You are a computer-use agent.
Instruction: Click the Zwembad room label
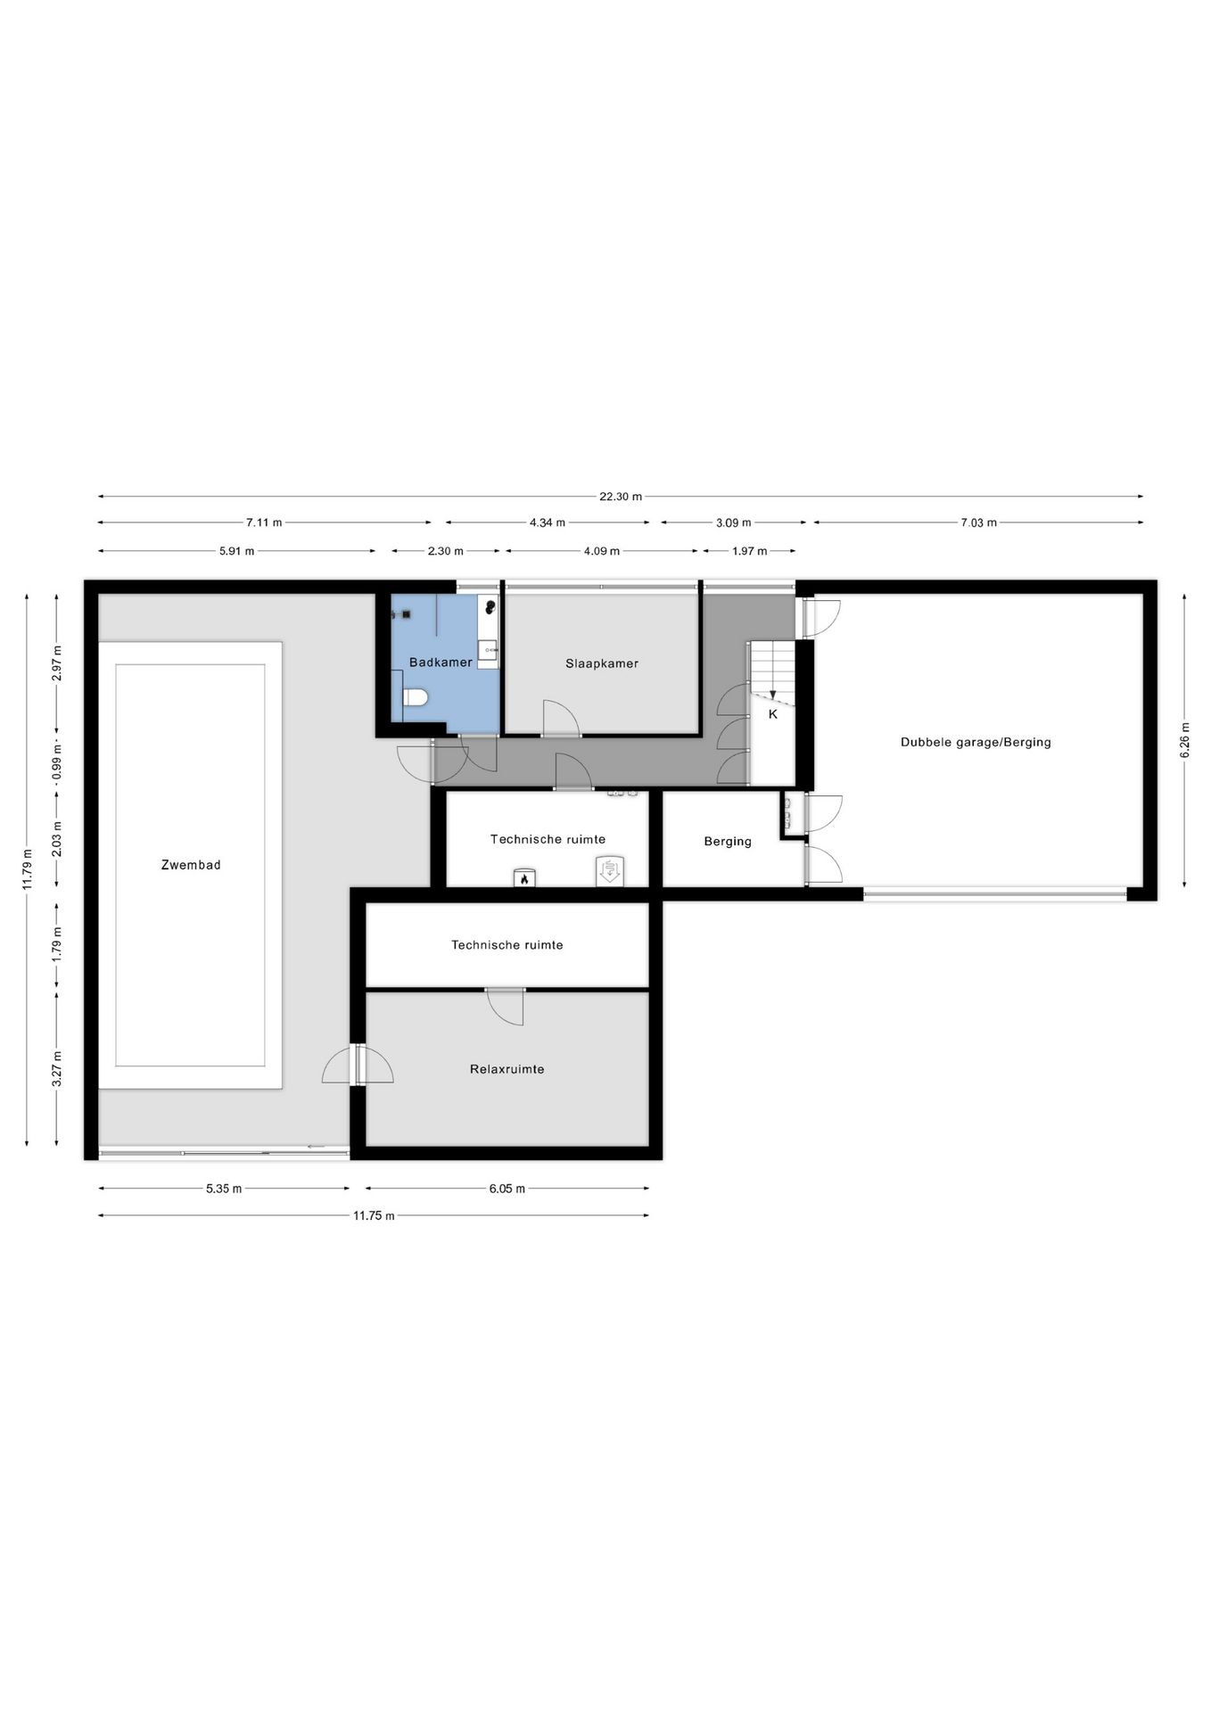[191, 864]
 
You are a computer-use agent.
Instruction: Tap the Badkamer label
[441, 663]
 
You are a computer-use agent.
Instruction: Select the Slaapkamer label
[602, 663]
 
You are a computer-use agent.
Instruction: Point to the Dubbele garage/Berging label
[976, 742]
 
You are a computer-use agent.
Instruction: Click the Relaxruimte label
[507, 1069]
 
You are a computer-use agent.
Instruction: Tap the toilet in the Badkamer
[416, 696]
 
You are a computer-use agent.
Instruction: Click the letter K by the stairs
[773, 714]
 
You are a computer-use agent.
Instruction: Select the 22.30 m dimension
[621, 497]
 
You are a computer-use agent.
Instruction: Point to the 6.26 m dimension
[1185, 740]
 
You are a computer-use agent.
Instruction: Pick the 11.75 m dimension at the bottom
[374, 1215]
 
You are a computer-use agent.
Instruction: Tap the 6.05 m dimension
[507, 1189]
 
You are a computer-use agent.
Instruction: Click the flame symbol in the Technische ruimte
[524, 878]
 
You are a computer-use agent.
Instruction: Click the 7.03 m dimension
[978, 523]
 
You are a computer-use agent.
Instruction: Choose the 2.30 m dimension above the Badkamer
[445, 551]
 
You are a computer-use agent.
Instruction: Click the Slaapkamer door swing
[562, 719]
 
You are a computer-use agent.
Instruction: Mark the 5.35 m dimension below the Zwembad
[224, 1189]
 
